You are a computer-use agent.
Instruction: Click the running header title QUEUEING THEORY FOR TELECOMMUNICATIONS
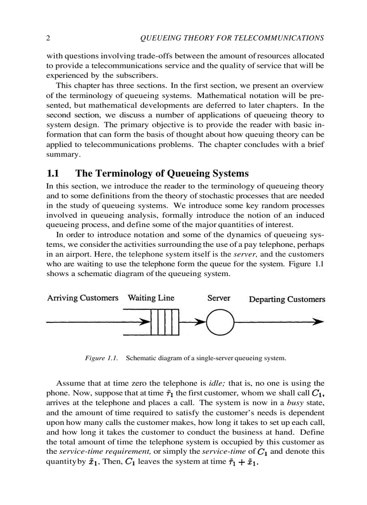tap(232, 38)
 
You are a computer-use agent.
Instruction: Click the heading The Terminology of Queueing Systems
tap(162, 173)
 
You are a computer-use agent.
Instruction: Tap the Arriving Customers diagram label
tap(83, 298)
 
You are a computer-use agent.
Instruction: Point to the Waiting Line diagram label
tap(151, 298)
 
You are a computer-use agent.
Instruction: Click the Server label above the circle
tap(219, 298)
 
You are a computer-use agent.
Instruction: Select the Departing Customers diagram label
tap(287, 299)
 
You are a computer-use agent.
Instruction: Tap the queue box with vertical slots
tap(165, 322)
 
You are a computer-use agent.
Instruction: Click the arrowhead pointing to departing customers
tap(318, 322)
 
